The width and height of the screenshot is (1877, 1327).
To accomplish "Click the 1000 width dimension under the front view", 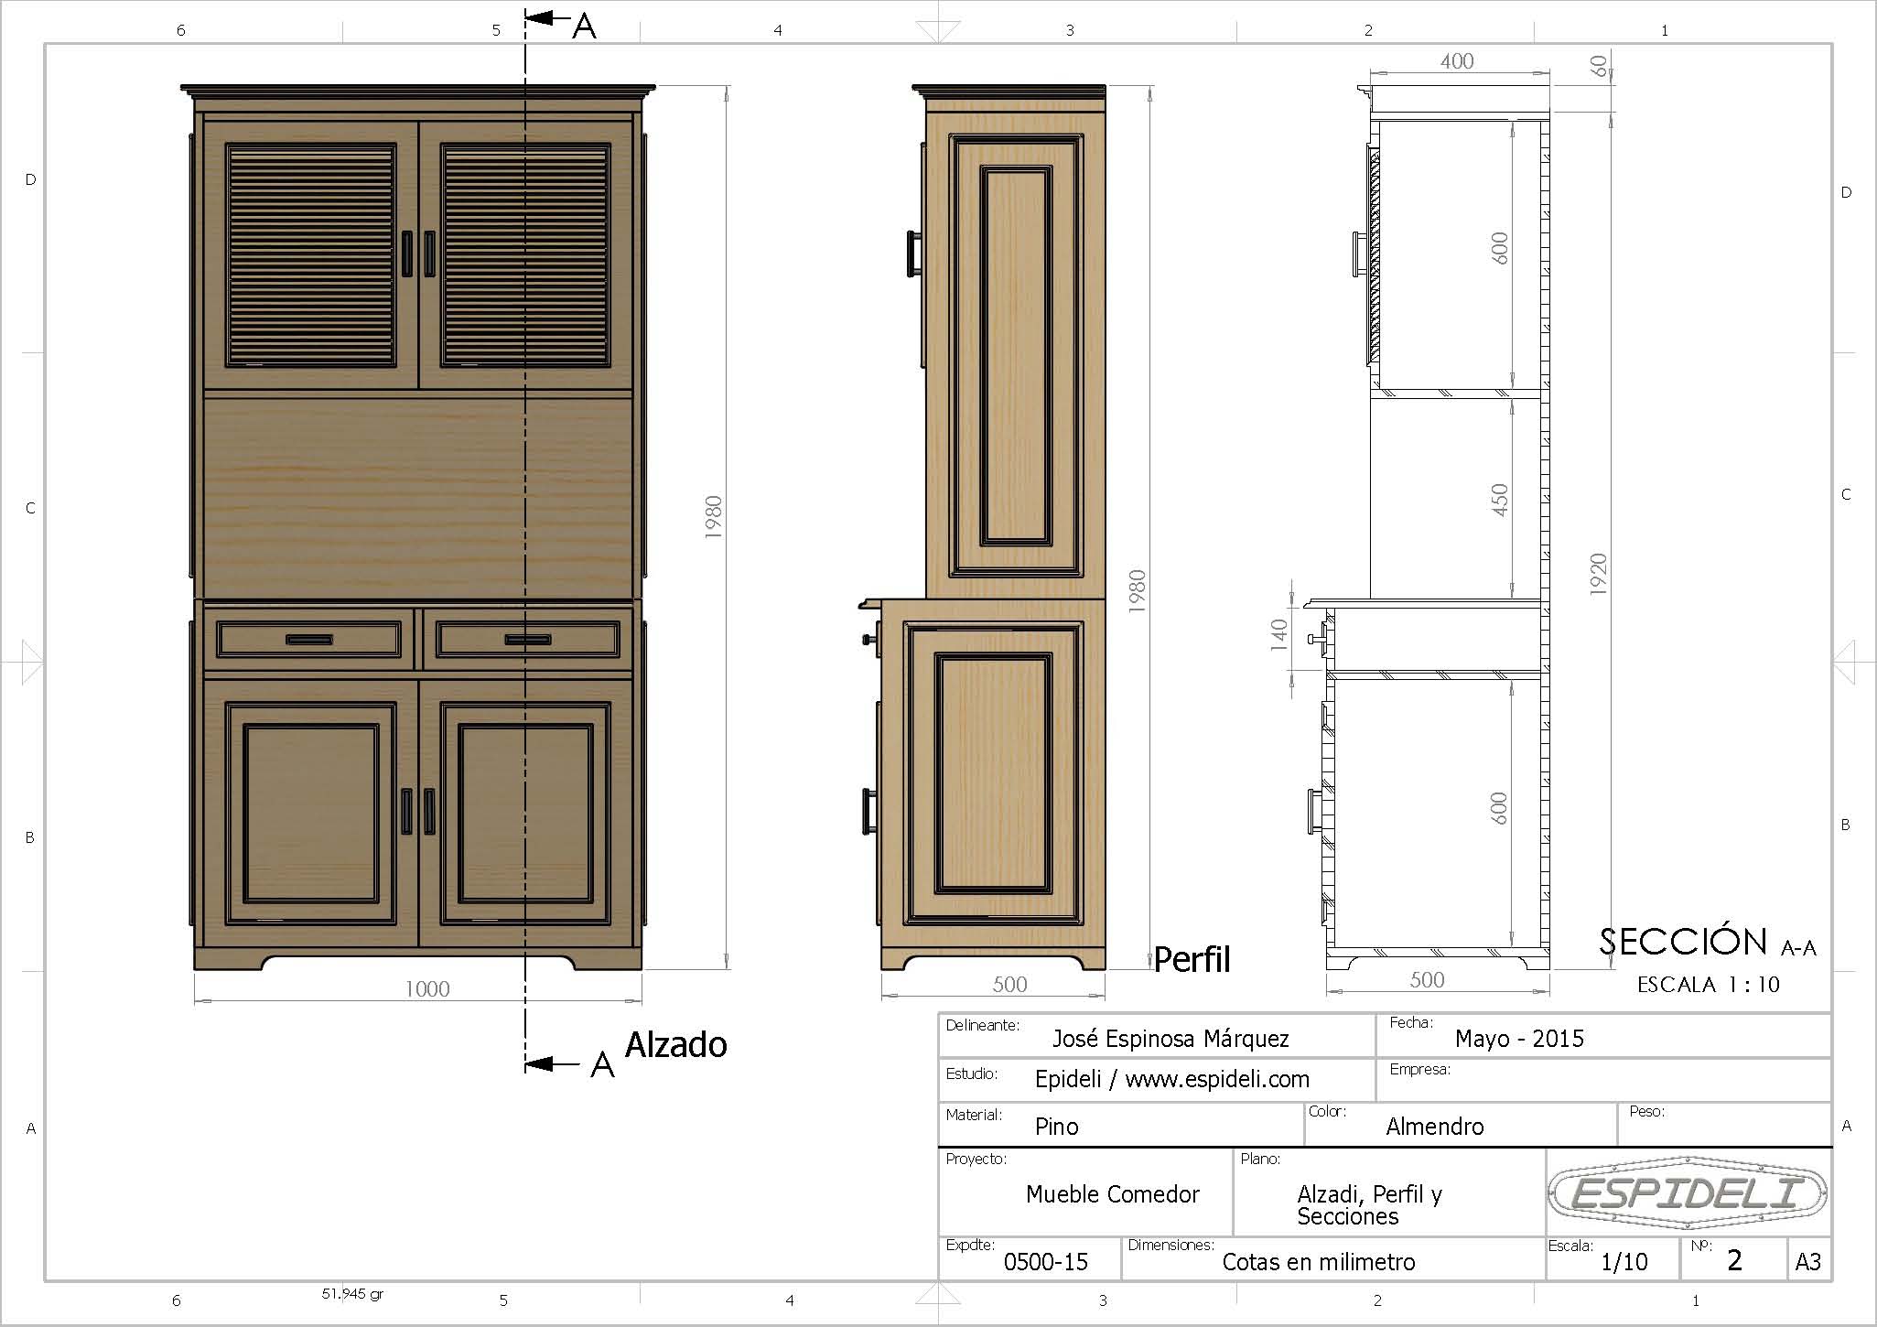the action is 427,989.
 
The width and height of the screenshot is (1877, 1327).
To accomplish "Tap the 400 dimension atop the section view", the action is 1457,61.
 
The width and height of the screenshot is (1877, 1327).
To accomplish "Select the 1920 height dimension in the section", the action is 1598,574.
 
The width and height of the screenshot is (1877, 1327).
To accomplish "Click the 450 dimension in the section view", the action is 1499,500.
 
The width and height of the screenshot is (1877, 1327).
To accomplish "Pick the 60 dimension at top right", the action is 1598,66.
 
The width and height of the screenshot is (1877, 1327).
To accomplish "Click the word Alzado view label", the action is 675,1044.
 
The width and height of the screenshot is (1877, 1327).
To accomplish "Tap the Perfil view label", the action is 1192,959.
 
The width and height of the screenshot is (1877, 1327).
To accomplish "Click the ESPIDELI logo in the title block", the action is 1688,1192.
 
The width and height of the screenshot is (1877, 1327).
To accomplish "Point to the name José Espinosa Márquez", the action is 1170,1039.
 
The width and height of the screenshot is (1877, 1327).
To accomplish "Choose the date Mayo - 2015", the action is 1519,1038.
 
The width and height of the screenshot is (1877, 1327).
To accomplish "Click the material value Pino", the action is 1057,1127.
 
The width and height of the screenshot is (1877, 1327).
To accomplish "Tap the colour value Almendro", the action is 1435,1127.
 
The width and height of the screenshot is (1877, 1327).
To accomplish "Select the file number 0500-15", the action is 1046,1262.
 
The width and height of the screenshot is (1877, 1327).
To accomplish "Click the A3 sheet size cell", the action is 1808,1262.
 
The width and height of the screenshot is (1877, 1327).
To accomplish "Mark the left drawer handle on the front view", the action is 309,640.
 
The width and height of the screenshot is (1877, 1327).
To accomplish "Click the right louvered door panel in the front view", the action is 525,254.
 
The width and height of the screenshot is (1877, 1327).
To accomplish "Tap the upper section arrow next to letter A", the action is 547,18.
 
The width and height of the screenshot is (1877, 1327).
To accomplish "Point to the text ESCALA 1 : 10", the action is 1708,985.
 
